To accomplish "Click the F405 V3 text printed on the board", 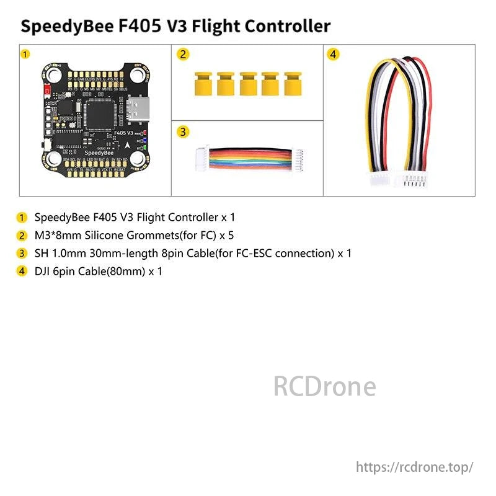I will [125, 133].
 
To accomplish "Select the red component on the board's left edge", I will [48, 91].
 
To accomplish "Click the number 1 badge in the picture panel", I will [25, 55].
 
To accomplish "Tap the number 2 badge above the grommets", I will [182, 55].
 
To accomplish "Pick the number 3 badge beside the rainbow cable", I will [182, 131].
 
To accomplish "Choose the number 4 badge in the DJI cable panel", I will [334, 55].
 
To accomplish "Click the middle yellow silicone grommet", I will [248, 83].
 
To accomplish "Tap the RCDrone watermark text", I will [324, 386].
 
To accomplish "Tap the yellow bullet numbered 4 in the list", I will [23, 271].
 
